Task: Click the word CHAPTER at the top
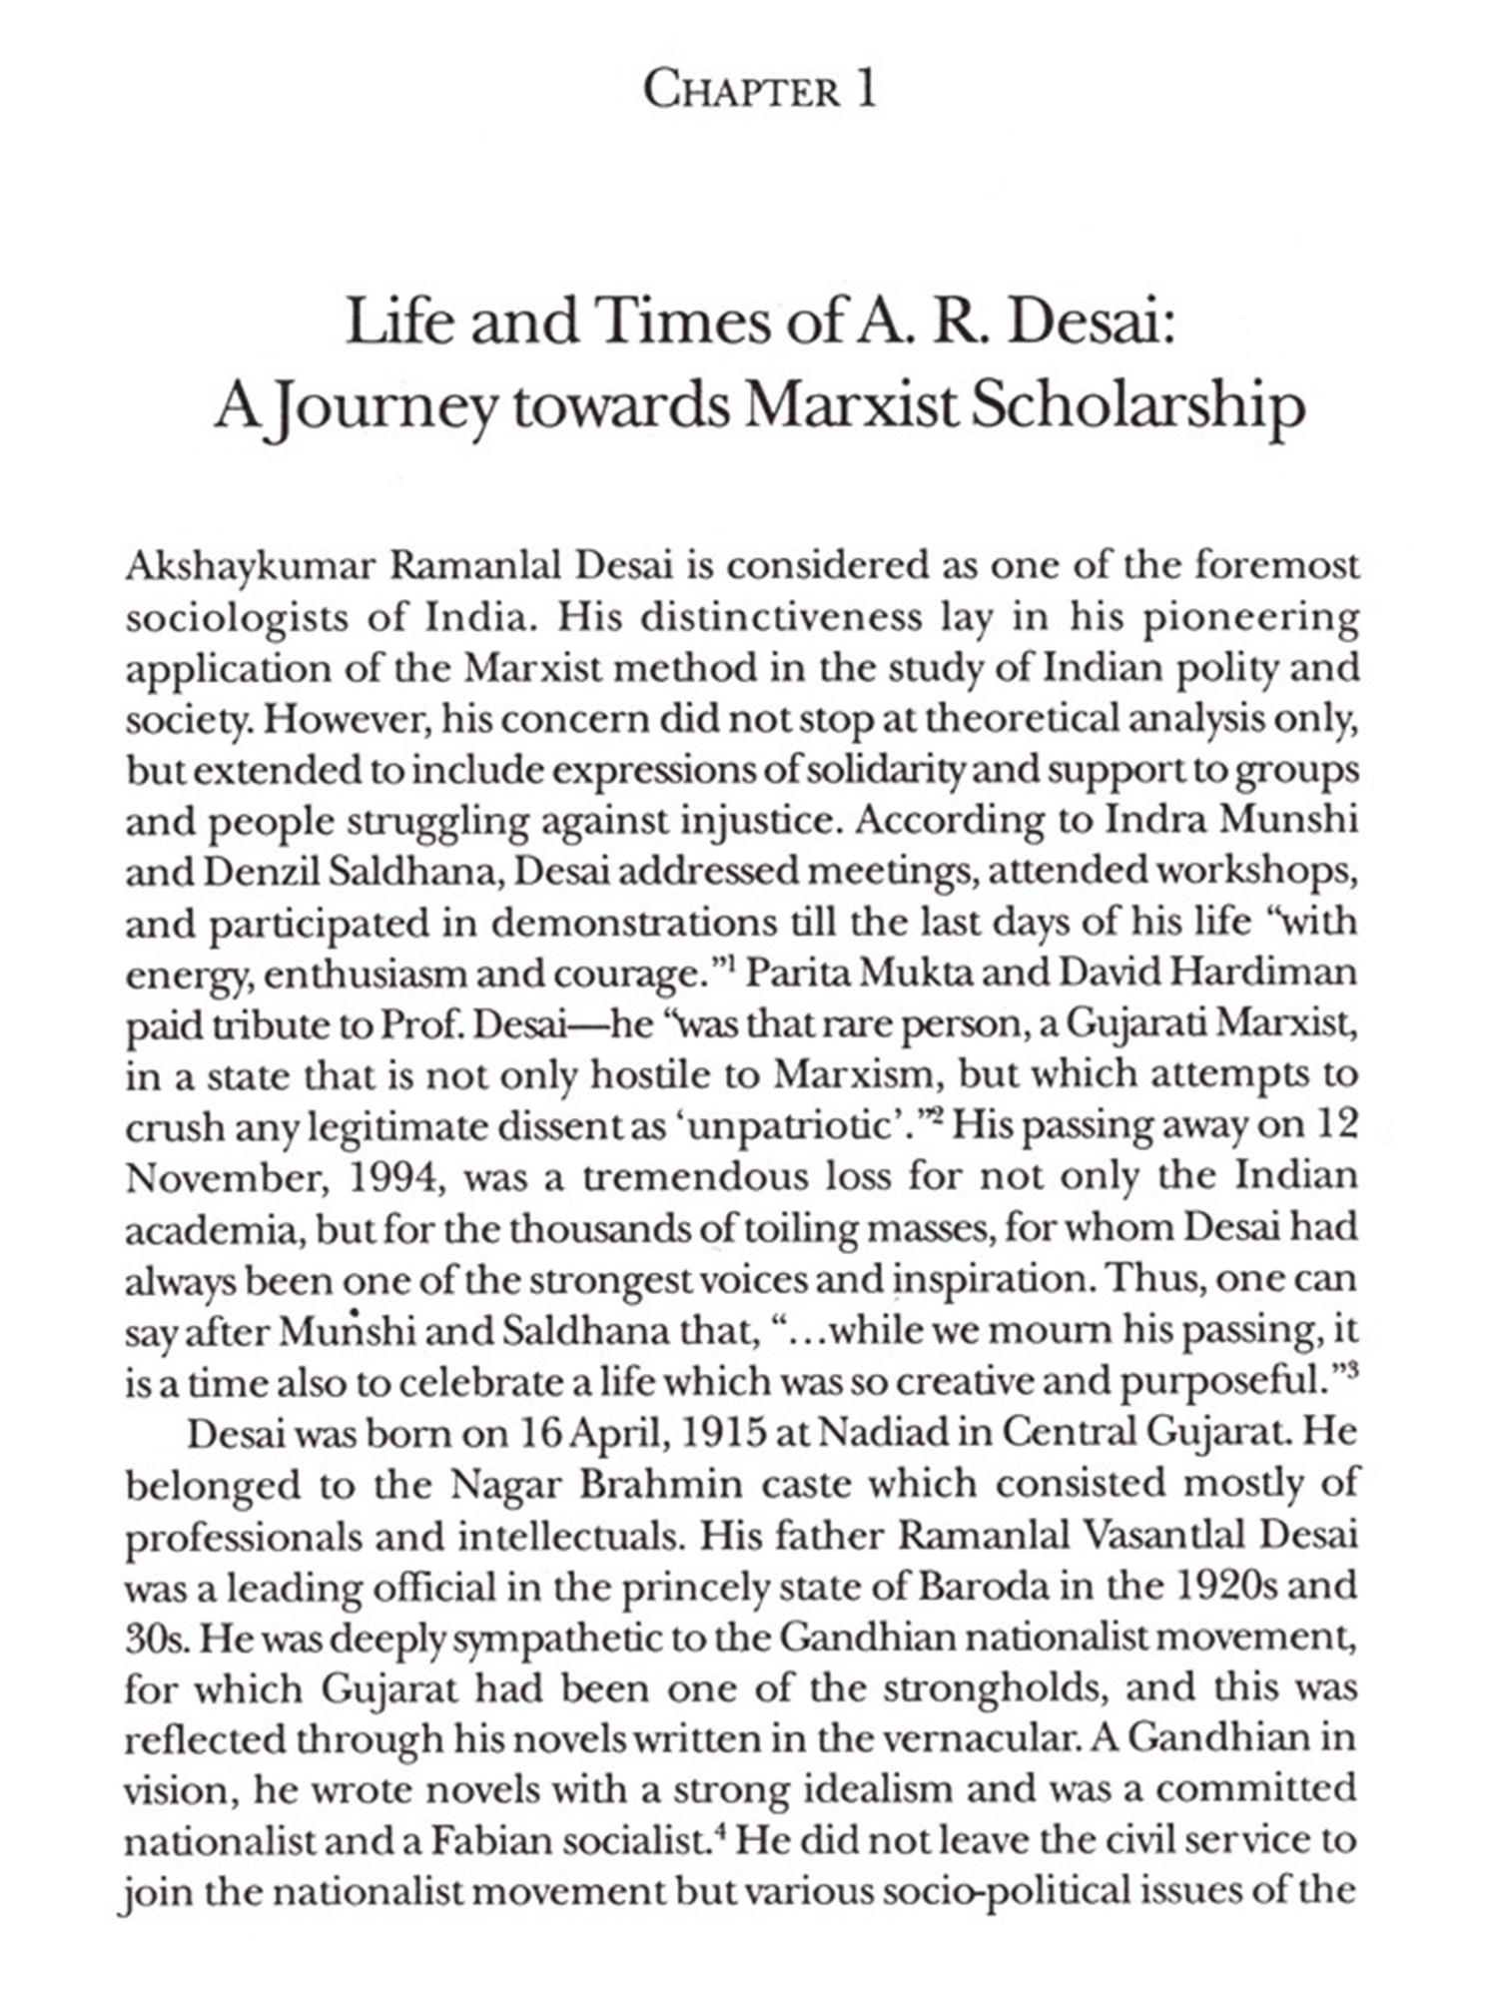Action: (x=741, y=92)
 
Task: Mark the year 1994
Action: (x=393, y=1178)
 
